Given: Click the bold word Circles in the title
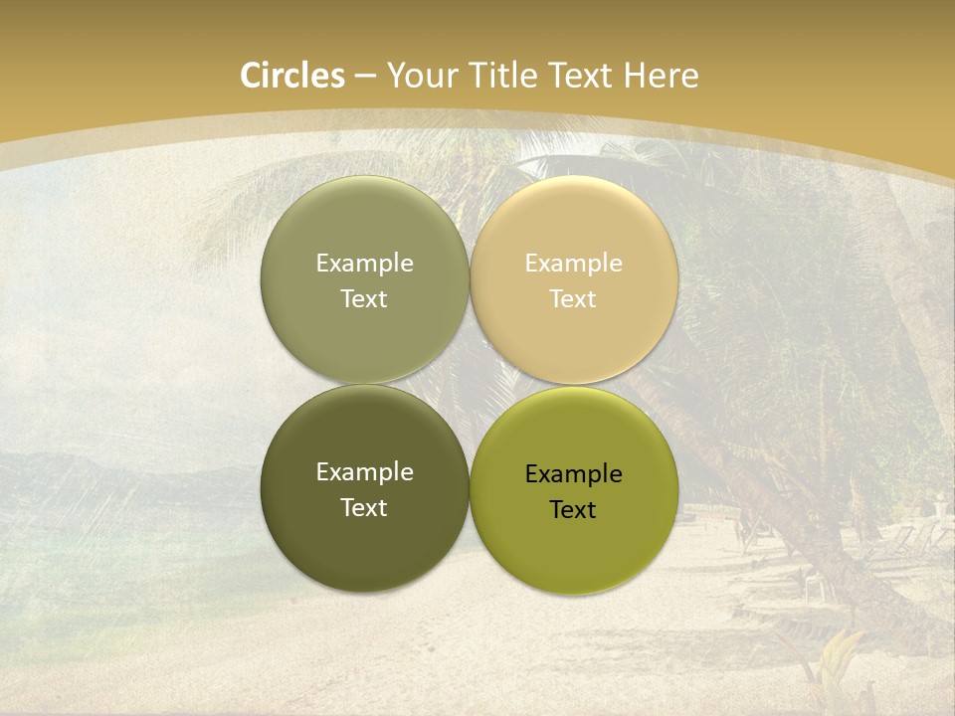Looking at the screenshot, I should [291, 76].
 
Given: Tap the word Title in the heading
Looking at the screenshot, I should [506, 76].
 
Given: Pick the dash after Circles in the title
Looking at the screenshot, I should [365, 77].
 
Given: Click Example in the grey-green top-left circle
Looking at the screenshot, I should [364, 264].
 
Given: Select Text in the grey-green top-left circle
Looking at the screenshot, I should [364, 299].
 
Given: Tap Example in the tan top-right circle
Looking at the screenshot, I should [573, 264].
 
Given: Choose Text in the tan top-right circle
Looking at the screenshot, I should [573, 299].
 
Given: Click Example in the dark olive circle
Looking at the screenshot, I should [364, 472].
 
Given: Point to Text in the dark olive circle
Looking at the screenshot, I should [364, 508].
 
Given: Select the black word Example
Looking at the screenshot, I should [573, 474].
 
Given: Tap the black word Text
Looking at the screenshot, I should [573, 510].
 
